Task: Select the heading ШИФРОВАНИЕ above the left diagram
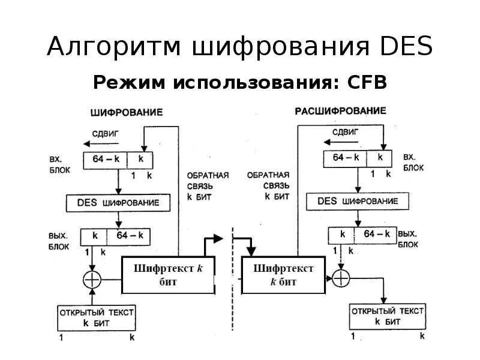tap(127, 112)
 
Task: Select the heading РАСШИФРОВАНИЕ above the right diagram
tap(340, 111)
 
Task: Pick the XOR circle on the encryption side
tap(92, 278)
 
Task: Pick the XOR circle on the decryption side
tap(340, 277)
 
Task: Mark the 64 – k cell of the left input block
tap(104, 160)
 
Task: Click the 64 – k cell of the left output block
tap(130, 236)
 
